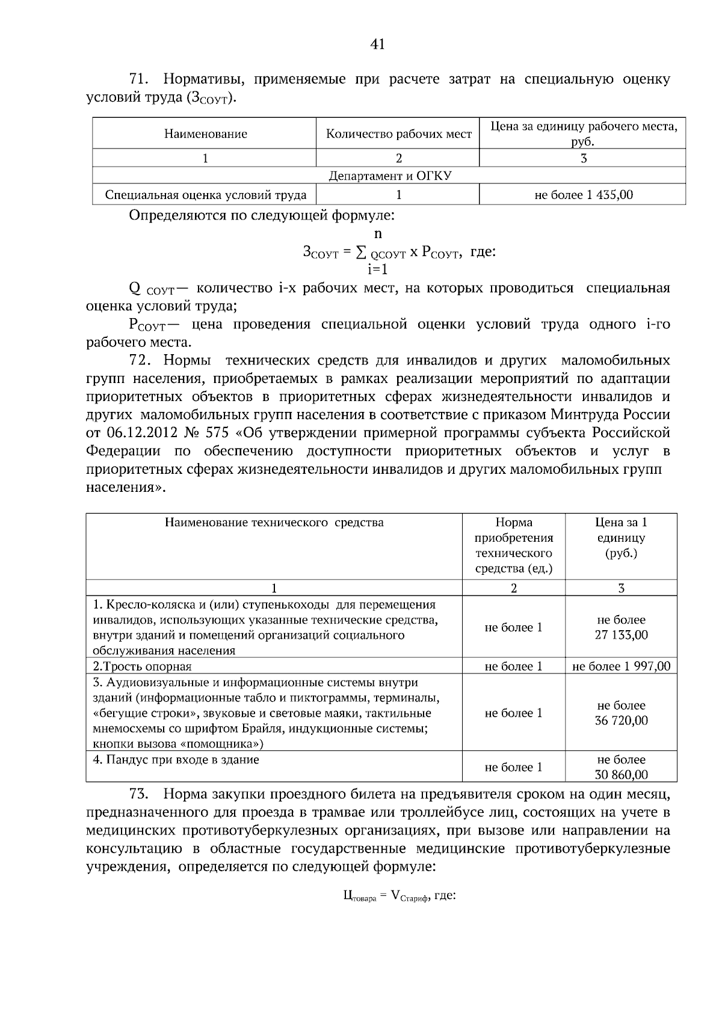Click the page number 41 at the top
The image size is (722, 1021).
coord(378,43)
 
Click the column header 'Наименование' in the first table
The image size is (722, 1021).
coord(205,133)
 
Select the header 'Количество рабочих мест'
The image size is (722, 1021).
coord(398,133)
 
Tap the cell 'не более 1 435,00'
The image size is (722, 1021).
coord(583,195)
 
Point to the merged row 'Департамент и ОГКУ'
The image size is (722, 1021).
coord(390,176)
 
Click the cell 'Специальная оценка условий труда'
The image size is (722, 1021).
coord(206,195)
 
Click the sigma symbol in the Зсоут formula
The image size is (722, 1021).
coord(362,252)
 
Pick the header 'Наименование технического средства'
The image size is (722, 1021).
coord(274,522)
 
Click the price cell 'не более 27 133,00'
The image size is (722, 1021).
coord(621,627)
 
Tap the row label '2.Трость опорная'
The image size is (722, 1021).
coord(142,666)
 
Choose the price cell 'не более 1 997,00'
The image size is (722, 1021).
coord(621,666)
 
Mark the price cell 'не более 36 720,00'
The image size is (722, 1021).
coord(621,713)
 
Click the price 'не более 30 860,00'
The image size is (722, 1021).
coord(621,767)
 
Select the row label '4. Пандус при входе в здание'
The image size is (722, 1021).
coord(176,759)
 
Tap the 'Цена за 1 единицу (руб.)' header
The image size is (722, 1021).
coord(621,538)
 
